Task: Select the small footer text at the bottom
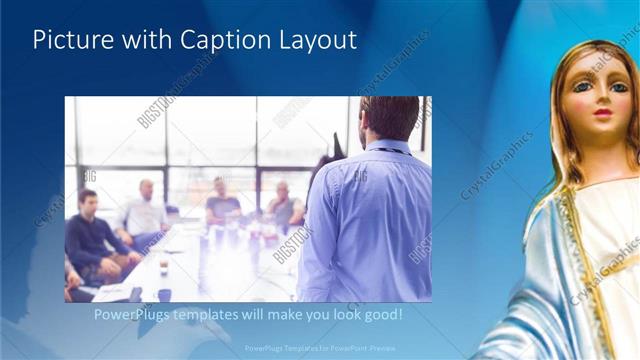[x=320, y=349]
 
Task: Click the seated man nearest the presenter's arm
[x=284, y=207]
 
